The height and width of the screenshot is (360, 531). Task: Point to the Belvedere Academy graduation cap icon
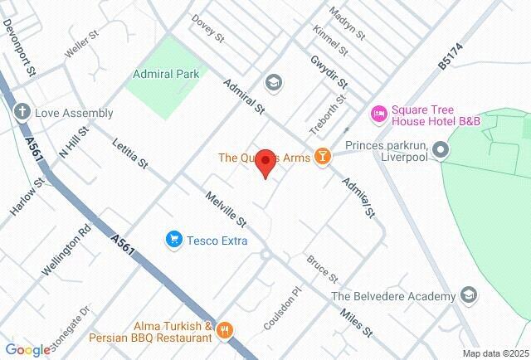[x=470, y=295]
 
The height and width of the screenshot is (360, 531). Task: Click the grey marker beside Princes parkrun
[x=441, y=150]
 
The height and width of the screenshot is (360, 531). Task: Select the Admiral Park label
[x=166, y=74]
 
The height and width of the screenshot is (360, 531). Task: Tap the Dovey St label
[x=208, y=28]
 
